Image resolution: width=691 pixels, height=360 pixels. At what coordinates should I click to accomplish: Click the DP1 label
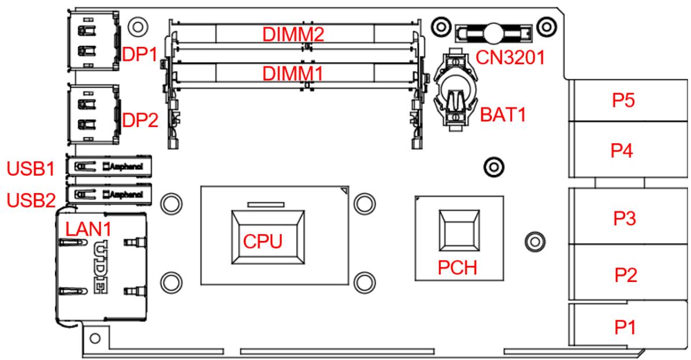pos(140,54)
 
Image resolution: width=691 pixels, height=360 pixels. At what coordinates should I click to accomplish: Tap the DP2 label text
pos(140,120)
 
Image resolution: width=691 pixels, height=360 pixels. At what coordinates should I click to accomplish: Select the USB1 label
pos(31,169)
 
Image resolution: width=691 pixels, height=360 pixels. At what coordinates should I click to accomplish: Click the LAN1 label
pos(88,229)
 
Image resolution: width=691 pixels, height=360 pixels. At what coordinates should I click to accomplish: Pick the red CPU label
pos(263,242)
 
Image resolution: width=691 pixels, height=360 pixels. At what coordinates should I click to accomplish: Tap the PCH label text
pos(458,268)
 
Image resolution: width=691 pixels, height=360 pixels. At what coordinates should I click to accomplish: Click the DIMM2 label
pos(293,34)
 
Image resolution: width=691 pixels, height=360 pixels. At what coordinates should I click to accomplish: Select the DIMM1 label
pos(293,73)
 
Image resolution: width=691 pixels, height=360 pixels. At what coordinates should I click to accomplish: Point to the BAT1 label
pos(503,115)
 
